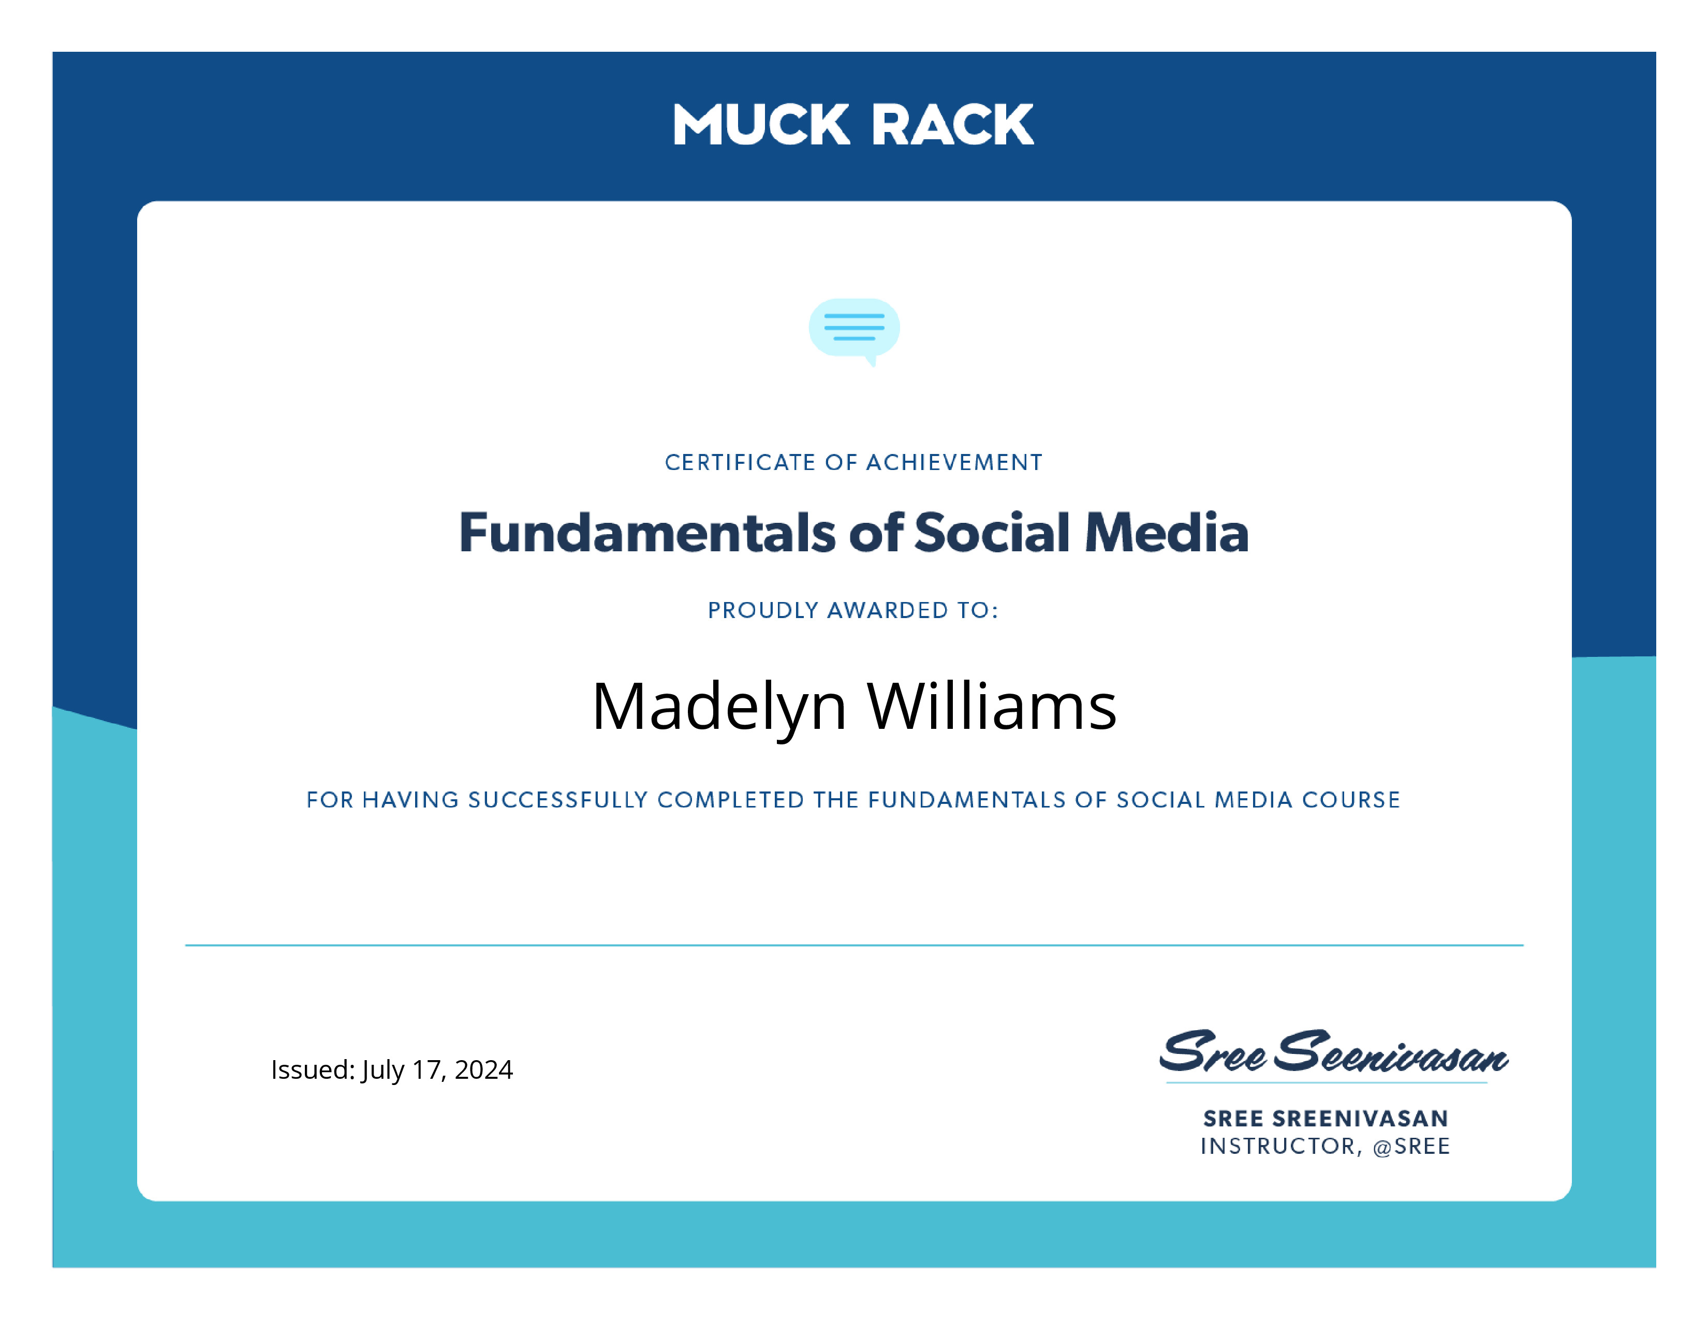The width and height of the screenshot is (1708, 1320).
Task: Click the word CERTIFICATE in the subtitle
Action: coord(740,462)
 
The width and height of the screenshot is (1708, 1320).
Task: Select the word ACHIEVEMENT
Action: coord(954,462)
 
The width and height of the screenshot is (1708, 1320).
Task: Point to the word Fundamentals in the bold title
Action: coord(647,533)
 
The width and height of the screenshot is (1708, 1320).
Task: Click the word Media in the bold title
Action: coord(1167,533)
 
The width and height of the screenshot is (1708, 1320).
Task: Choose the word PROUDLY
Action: coord(763,610)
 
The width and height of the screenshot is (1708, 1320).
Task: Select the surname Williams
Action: coord(992,706)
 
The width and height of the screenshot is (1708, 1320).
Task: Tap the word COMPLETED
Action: coord(730,800)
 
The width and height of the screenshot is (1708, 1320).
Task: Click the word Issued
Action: coord(313,1069)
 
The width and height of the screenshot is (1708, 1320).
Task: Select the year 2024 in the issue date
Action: coord(483,1069)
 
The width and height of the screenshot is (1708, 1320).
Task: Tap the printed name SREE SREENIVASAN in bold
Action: coord(1326,1118)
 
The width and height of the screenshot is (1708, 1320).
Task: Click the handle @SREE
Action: coord(1411,1147)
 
